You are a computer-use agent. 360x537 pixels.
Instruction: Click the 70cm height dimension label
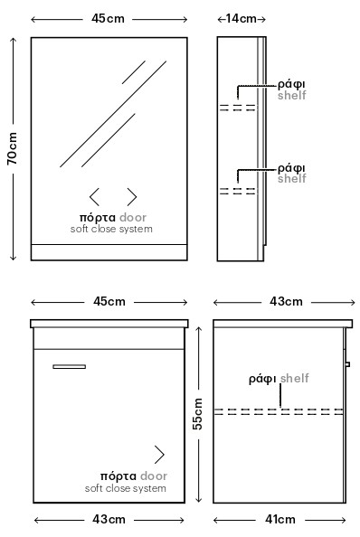point(13,148)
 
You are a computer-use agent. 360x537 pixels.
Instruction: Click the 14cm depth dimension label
point(242,18)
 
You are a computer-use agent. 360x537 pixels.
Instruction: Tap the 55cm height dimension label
point(197,414)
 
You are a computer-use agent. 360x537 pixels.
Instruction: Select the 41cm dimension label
point(280,519)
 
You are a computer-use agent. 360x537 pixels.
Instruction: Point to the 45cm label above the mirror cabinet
point(108,18)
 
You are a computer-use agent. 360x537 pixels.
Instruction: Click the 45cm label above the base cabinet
point(109,301)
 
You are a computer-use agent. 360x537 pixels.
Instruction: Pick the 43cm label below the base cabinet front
point(109,519)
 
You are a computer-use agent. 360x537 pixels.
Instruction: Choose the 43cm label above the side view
point(286,301)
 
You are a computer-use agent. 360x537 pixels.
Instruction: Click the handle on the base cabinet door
point(69,366)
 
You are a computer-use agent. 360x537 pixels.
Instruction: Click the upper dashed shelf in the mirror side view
point(238,108)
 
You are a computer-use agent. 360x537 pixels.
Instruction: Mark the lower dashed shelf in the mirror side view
point(238,191)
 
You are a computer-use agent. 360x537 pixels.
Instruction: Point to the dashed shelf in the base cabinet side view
point(279,411)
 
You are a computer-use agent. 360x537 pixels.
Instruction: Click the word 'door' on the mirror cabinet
point(133,218)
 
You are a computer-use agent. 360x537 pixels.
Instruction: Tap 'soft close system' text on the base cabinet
point(126,488)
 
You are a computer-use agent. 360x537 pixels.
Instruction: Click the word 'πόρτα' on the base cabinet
point(118,476)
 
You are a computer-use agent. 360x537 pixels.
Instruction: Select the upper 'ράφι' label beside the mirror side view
point(291,84)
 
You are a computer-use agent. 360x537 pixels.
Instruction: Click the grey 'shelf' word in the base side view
point(295,378)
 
